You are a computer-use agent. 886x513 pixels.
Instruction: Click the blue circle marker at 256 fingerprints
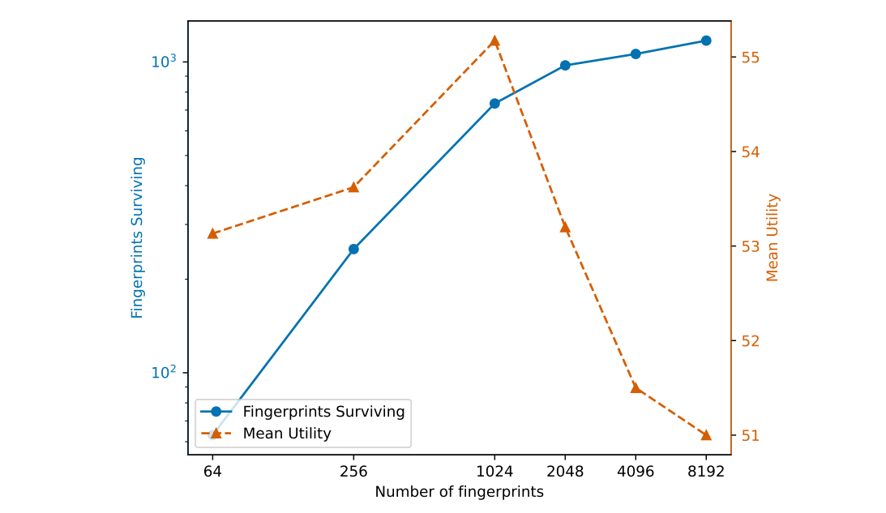[353, 249]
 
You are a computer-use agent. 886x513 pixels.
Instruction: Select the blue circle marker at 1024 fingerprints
[494, 104]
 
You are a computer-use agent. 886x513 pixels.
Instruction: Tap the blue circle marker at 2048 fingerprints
[565, 65]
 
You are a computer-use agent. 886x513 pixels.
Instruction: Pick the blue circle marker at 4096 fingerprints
[636, 54]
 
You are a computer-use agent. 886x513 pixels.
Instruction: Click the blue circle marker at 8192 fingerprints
[706, 41]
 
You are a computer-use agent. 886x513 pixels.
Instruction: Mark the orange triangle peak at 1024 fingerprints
[494, 41]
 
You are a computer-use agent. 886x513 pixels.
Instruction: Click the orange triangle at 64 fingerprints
[212, 233]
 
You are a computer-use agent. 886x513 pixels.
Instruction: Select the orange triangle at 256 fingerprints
[353, 187]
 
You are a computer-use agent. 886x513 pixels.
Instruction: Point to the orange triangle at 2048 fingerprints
[565, 227]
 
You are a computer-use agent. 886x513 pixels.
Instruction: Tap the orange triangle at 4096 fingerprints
[636, 387]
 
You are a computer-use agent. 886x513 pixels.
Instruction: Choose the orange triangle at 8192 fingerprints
[706, 435]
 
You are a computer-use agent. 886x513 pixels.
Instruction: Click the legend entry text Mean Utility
[287, 434]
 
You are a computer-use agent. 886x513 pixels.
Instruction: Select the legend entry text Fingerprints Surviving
[323, 412]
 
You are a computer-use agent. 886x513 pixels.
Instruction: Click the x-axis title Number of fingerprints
[459, 492]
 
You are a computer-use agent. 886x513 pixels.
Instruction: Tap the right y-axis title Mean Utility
[773, 237]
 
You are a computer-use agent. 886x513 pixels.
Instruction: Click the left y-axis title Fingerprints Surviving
[137, 237]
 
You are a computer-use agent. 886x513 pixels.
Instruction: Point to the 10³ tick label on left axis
[164, 62]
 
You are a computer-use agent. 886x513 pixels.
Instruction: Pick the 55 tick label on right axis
[749, 58]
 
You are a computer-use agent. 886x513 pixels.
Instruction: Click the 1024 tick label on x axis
[494, 471]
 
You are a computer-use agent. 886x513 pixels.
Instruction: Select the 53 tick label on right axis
[749, 246]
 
